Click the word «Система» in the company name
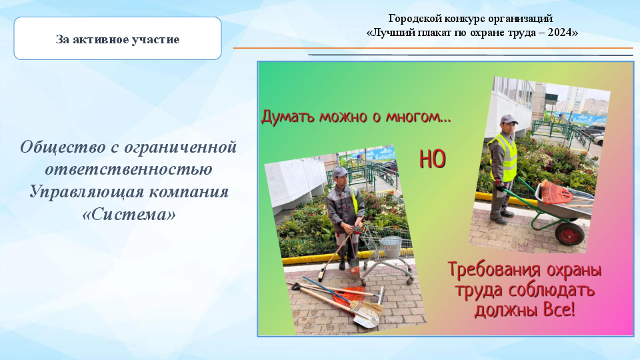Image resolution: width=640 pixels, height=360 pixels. (x=129, y=214)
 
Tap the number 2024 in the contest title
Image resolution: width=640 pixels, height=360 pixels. (x=559, y=33)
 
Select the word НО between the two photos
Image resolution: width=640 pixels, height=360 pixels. (x=432, y=159)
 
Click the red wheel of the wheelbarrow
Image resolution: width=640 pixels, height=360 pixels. (x=569, y=234)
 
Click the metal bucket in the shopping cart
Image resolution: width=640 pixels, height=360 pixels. (x=391, y=247)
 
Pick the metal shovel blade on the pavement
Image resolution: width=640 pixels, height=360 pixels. (x=366, y=319)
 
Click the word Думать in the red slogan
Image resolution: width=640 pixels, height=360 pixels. (x=288, y=117)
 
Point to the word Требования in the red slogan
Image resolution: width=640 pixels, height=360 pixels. (x=494, y=270)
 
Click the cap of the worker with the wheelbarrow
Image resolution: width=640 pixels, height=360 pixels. (x=509, y=119)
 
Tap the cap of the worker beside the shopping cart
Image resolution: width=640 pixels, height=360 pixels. (x=340, y=172)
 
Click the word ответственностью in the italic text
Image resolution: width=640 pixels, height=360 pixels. (x=129, y=169)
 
